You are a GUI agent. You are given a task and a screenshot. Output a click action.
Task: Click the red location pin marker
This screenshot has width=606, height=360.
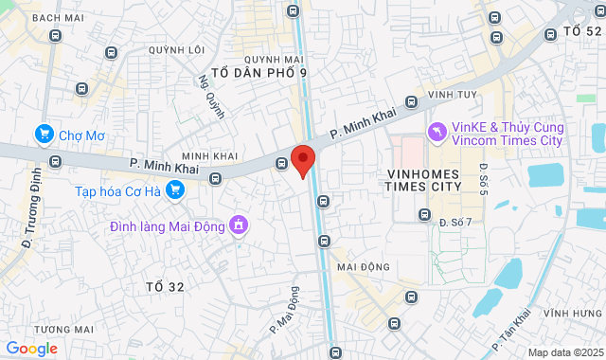(302, 161)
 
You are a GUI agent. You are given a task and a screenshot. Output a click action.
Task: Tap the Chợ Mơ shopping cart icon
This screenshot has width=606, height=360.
(44, 135)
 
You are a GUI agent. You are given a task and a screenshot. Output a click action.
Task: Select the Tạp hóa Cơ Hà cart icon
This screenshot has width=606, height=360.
(174, 190)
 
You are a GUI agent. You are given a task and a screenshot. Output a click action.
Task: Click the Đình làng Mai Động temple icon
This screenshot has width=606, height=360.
(240, 225)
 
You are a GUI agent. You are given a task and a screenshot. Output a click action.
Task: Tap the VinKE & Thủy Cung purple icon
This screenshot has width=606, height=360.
(437, 133)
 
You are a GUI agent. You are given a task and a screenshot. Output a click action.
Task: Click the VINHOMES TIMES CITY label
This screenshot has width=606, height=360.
(423, 180)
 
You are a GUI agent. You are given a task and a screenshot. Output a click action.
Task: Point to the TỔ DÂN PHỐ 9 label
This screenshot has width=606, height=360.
(258, 72)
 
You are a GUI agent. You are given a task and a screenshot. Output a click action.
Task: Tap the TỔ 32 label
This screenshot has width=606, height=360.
(165, 286)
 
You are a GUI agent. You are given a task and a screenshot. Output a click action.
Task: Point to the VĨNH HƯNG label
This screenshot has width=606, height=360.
(574, 314)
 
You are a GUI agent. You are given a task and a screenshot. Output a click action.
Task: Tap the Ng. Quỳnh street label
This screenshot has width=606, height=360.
(212, 97)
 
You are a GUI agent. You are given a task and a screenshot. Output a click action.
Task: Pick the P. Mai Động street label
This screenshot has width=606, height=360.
(283, 310)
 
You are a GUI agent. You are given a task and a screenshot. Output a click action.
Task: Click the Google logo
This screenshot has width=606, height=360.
(31, 349)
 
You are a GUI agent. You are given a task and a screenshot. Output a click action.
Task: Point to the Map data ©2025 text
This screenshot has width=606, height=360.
(564, 352)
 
